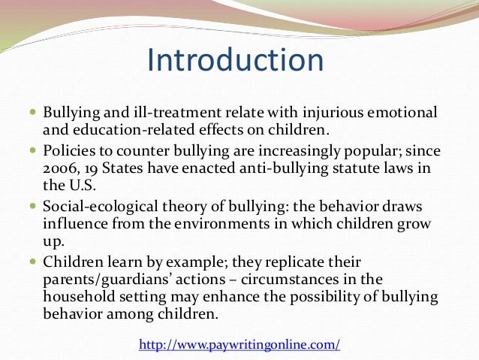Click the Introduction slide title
(236, 61)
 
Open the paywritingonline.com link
(239, 345)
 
